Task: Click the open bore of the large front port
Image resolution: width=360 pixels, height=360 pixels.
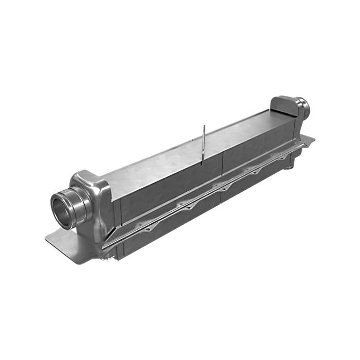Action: click(62, 211)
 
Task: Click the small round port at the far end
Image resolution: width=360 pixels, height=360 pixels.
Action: click(305, 108)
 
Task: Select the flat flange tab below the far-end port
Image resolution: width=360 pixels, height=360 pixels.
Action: click(309, 140)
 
